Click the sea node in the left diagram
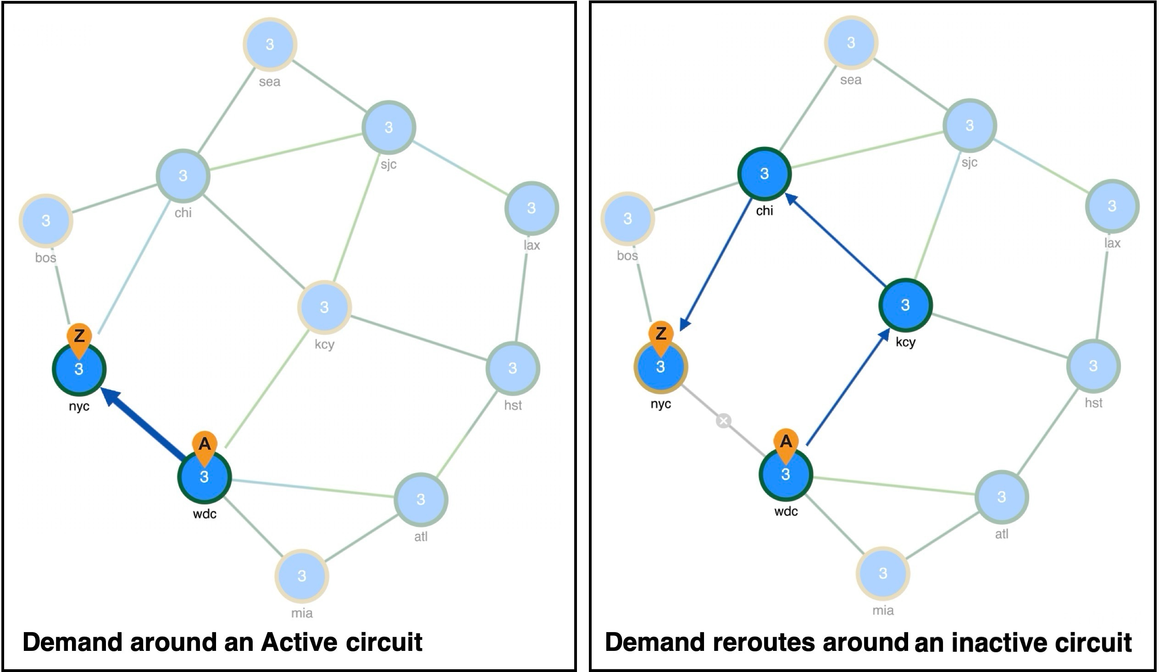270,45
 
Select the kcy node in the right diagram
905,305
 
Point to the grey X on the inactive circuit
724,421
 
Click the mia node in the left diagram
302,576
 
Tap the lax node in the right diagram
1112,206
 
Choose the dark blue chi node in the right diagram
764,174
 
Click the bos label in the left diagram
46,258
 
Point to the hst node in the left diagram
513,368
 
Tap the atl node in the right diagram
1002,497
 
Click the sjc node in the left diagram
389,127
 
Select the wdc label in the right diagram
786,511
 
